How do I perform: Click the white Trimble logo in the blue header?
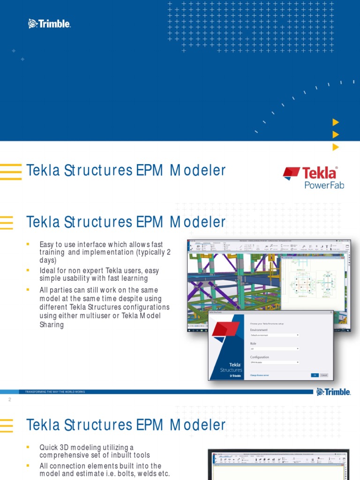click(x=49, y=23)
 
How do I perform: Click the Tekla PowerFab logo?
click(x=313, y=178)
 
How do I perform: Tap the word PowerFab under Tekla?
click(x=324, y=185)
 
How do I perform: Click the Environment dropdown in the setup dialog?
click(x=275, y=335)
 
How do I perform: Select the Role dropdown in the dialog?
click(x=275, y=349)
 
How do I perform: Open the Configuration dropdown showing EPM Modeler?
click(x=275, y=362)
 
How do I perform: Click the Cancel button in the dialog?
click(x=324, y=375)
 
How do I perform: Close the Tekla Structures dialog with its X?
click(x=331, y=312)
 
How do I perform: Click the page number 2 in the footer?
click(x=9, y=400)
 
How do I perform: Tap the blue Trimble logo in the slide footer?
click(x=334, y=392)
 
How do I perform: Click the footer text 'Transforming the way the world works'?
click(x=52, y=391)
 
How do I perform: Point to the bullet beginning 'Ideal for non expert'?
click(x=94, y=275)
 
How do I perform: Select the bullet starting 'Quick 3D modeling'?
click(x=95, y=451)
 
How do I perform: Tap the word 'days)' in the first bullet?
click(x=48, y=260)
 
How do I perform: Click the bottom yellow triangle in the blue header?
click(x=336, y=147)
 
